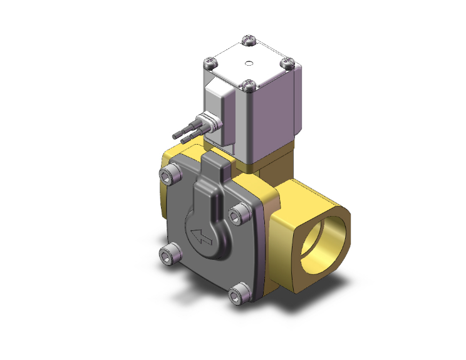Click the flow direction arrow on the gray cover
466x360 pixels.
(x=202, y=237)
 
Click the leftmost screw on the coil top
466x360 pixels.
(x=210, y=63)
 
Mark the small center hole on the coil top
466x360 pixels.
(x=249, y=63)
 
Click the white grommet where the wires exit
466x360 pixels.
(x=204, y=121)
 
